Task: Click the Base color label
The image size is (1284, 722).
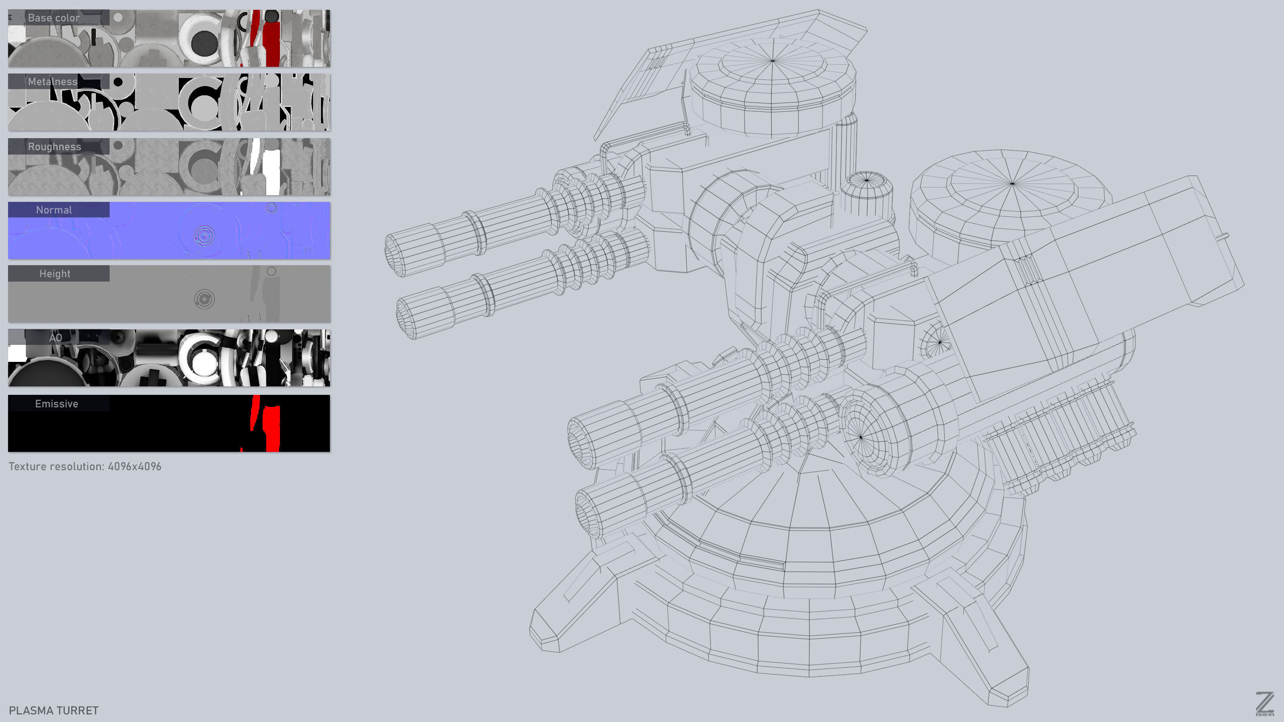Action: [54, 18]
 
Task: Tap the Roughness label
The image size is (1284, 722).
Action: [54, 147]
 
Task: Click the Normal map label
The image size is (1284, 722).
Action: [54, 210]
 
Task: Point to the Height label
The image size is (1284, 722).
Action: [55, 274]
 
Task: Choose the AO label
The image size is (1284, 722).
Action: [56, 337]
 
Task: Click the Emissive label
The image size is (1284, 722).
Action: [56, 404]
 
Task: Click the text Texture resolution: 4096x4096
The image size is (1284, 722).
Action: [85, 466]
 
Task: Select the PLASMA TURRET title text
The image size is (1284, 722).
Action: [54, 710]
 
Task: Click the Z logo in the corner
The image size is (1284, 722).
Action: [1264, 704]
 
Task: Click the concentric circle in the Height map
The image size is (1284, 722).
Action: [204, 299]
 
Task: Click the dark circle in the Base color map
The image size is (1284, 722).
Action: [204, 42]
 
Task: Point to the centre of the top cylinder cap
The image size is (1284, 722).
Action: [773, 61]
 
